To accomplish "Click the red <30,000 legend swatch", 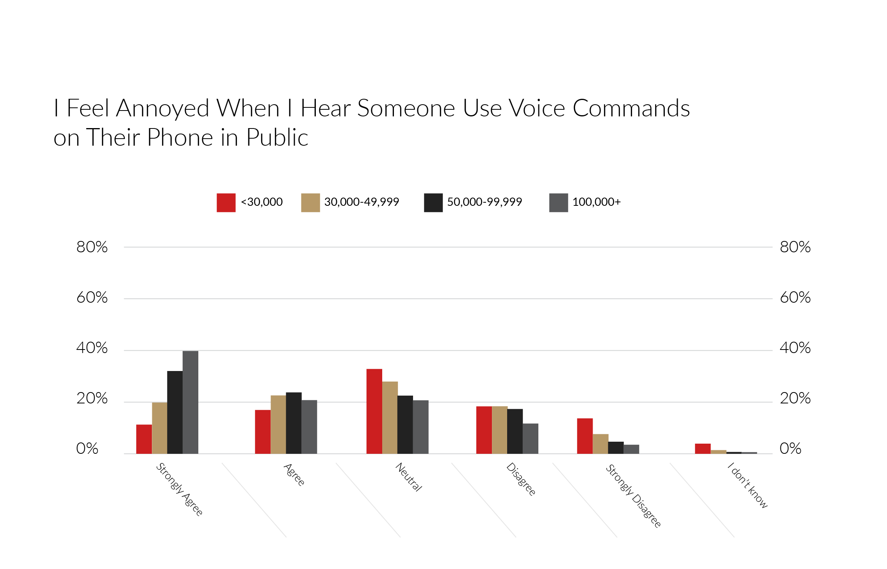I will [x=226, y=203].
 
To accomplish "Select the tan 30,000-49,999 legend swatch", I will [x=310, y=203].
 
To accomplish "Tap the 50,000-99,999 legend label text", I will [x=484, y=202].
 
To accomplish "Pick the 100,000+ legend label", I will [x=596, y=202].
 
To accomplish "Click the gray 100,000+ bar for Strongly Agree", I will [x=191, y=402].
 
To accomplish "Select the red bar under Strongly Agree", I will [x=144, y=439].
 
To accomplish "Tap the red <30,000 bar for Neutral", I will [x=374, y=411].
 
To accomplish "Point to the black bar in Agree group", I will [x=294, y=423].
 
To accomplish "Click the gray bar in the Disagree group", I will [x=530, y=439].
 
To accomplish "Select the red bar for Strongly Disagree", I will [x=585, y=436].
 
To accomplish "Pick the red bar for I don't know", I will [x=703, y=449].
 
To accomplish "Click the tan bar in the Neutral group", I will [x=390, y=417].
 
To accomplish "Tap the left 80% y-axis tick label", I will [x=92, y=247].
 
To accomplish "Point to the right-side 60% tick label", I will [x=795, y=298].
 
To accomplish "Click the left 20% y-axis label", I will [x=92, y=398].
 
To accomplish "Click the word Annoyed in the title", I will [x=162, y=109].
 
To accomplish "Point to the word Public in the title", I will [x=277, y=137].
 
